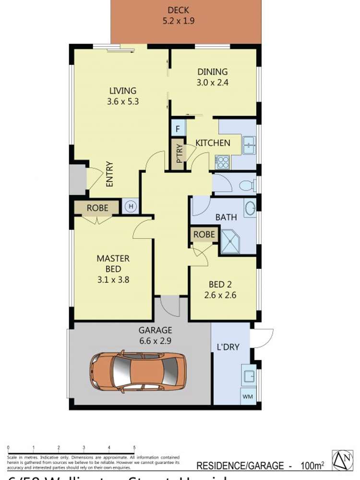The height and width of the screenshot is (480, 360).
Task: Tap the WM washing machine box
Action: (248, 396)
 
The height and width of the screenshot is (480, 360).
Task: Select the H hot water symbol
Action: (131, 207)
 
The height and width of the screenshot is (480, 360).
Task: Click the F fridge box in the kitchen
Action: (178, 128)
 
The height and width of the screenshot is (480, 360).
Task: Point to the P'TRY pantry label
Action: (179, 154)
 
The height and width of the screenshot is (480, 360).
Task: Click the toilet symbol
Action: (247, 185)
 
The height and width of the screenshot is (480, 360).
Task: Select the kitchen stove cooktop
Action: (222, 162)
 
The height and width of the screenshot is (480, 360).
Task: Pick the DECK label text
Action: (178, 10)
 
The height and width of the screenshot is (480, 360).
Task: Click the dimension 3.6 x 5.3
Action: (123, 102)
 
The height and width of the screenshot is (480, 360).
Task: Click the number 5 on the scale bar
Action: (134, 447)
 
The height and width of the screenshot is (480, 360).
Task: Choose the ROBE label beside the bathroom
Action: (204, 235)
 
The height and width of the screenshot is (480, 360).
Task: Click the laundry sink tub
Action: (249, 375)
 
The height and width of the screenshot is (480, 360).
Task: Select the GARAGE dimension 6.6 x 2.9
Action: (155, 341)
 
